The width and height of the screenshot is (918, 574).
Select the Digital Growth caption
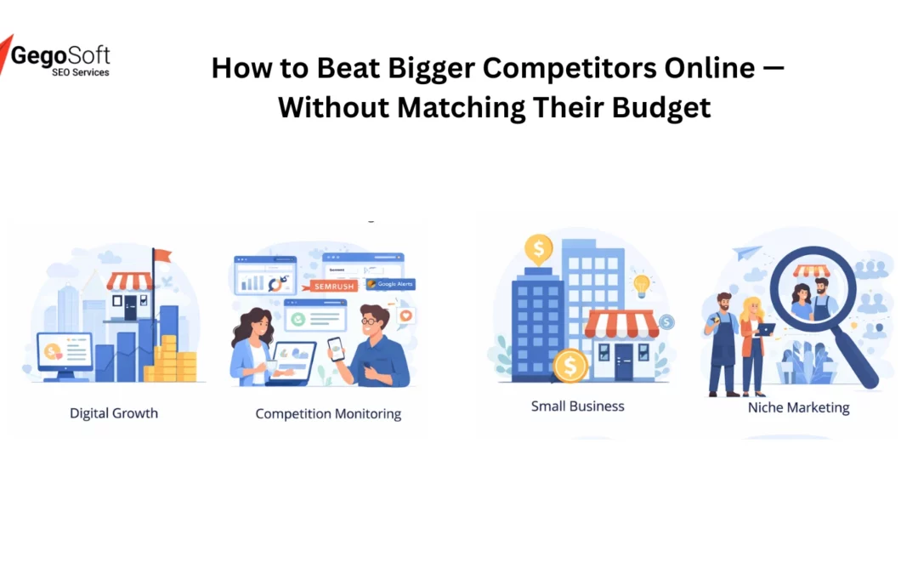pos(114,413)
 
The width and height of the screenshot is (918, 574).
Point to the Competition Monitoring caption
pos(328,414)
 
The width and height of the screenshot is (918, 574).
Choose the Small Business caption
pos(577,406)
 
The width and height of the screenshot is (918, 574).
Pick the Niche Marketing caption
pos(798,407)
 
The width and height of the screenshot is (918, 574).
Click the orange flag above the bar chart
pos(161,255)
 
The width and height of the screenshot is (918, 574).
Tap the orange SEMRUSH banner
pos(332,287)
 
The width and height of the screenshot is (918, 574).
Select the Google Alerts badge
pos(390,284)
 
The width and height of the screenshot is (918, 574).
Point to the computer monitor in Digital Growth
pos(64,352)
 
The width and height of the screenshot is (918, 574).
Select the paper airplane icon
pos(746,252)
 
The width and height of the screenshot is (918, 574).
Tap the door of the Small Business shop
pos(624,360)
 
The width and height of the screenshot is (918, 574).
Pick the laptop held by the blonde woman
pos(766,329)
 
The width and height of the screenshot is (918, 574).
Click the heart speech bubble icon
pos(405,315)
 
